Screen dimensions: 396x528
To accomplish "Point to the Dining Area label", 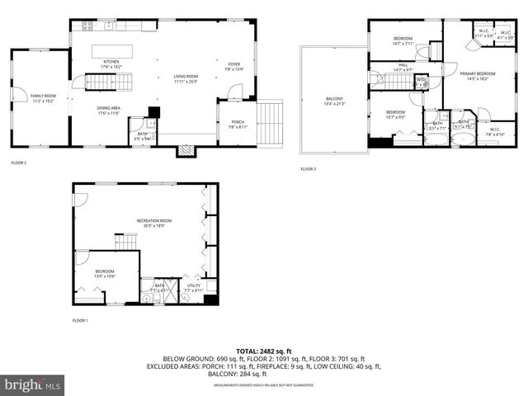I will tap(109, 110).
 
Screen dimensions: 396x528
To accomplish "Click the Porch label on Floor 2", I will tap(237, 125).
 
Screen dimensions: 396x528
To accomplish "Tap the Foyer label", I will tap(234, 66).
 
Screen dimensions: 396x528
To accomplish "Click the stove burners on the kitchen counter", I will tap(87, 26).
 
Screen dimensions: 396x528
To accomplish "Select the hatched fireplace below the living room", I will tap(186, 151).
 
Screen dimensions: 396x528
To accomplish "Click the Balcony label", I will tap(335, 101).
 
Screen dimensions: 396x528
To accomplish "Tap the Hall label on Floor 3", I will tap(403, 68).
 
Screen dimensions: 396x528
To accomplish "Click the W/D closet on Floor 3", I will tap(422, 82).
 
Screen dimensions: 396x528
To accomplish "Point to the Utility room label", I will tap(193, 288).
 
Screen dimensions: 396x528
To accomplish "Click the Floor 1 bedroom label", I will tap(105, 273).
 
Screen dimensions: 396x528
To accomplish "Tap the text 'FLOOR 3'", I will tap(308, 169).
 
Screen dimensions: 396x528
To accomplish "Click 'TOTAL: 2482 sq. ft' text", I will tap(264, 351).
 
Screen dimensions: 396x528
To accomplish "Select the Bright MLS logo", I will tap(33, 384).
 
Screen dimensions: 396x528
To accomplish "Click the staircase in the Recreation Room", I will tap(125, 242).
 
